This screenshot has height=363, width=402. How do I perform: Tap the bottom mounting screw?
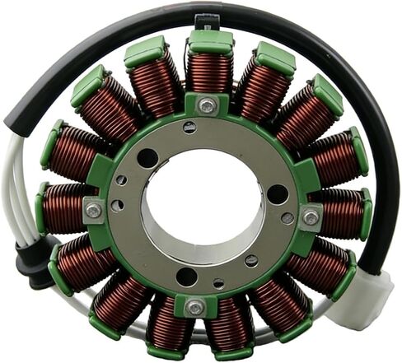194,308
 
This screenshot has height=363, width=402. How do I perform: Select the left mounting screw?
95,211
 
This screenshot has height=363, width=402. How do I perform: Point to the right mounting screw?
310,217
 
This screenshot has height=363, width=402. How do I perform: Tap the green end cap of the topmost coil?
210,41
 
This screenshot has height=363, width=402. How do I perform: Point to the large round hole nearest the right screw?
278,194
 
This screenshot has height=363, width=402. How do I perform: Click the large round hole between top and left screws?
147,157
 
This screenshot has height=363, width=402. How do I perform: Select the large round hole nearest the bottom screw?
187,277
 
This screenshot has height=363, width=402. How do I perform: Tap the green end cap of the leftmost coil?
40,208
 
